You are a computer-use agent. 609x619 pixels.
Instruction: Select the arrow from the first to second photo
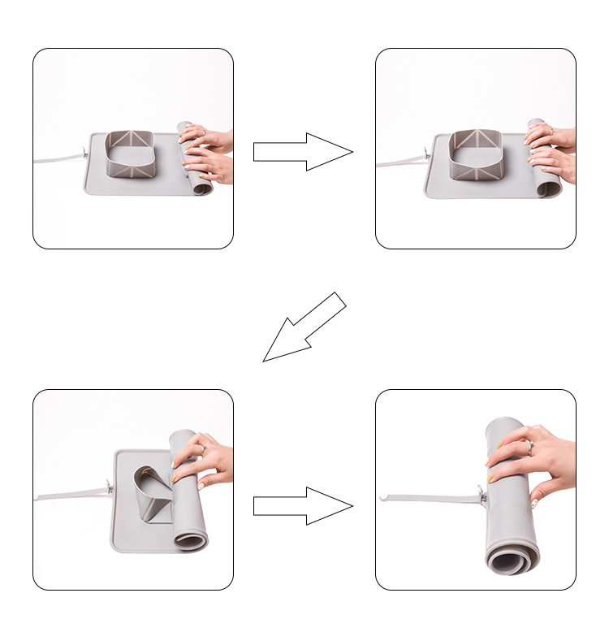click(x=302, y=152)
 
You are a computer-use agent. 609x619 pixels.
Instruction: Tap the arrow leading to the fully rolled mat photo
click(x=302, y=506)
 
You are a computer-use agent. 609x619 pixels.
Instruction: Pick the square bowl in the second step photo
click(x=478, y=153)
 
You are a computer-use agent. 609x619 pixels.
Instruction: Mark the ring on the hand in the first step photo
click(x=202, y=131)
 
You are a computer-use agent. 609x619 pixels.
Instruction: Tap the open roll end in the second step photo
click(x=551, y=189)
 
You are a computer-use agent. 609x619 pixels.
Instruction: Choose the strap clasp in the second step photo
click(x=426, y=153)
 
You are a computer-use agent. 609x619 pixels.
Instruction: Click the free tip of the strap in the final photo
click(x=382, y=494)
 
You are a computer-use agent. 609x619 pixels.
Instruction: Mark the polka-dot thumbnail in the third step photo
click(x=175, y=480)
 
